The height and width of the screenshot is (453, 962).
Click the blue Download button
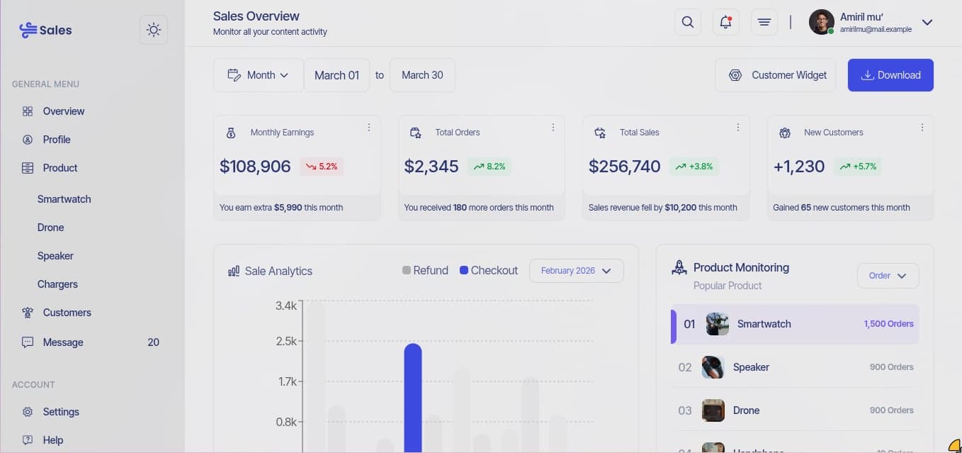pos(890,75)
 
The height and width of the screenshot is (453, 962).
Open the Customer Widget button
pos(776,75)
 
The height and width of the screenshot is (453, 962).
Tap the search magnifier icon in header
pos(687,22)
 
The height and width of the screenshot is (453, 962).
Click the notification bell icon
pos(725,22)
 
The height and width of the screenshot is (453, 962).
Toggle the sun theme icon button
pos(154,30)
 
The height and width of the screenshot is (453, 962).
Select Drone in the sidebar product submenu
pos(51,228)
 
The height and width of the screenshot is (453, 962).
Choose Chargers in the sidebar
pos(57,284)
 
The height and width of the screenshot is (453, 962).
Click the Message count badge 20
pos(153,342)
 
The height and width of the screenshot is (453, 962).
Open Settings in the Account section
pos(61,412)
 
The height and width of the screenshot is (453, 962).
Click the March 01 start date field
pos(336,75)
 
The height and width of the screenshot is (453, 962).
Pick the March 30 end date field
pos(422,75)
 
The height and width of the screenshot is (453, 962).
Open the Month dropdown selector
pos(259,75)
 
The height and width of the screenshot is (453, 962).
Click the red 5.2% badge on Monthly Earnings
pos(322,167)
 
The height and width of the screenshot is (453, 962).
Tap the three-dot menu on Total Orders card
pos(553,128)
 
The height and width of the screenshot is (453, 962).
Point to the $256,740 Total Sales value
pos(624,167)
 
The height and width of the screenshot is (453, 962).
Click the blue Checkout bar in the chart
pos(413,397)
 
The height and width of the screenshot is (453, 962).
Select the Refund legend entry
pos(425,271)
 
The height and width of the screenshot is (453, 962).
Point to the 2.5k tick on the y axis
pos(286,342)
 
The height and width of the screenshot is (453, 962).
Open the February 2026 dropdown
pos(576,271)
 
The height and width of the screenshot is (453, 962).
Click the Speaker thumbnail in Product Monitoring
pos(713,367)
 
